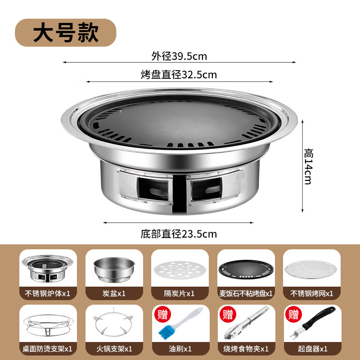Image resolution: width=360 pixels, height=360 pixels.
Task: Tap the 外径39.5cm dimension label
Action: pyautogui.click(x=179, y=56)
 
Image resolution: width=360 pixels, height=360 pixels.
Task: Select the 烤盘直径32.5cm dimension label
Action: pyautogui.click(x=179, y=75)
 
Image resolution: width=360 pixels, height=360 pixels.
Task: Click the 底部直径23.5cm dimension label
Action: pyautogui.click(x=179, y=234)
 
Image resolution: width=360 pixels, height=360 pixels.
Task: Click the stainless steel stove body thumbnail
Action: pyautogui.click(x=48, y=269)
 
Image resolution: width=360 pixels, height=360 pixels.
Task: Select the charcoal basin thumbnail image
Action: pyautogui.click(x=114, y=269)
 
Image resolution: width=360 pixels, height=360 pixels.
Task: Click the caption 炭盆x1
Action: pyautogui.click(x=114, y=293)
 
